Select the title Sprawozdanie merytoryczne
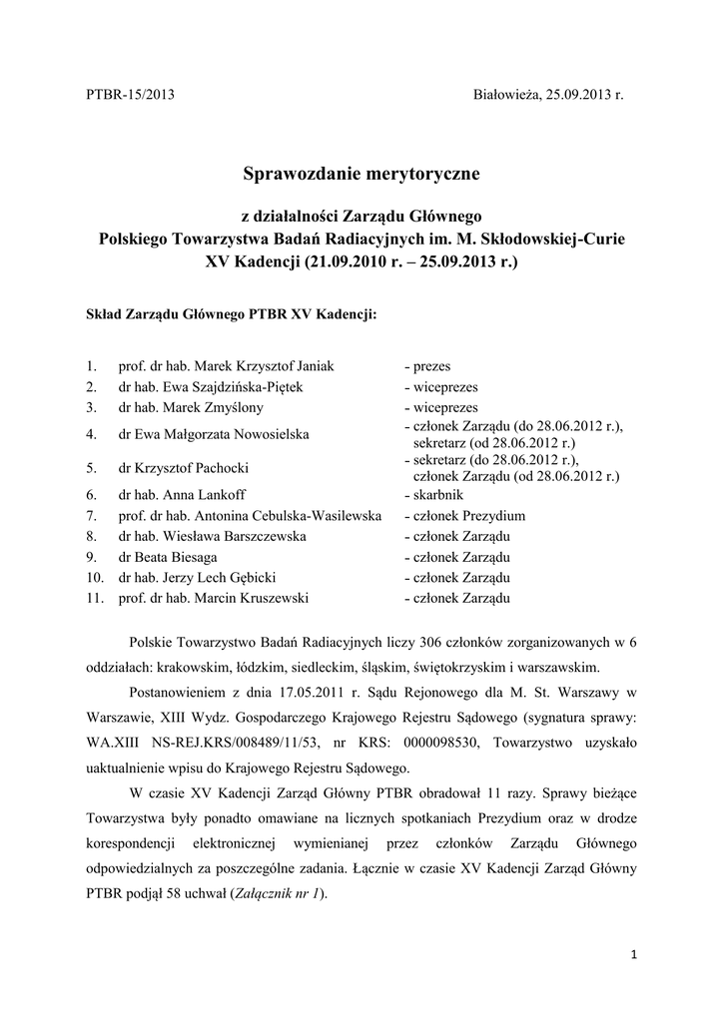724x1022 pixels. coord(362,174)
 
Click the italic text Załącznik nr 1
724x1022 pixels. coord(276,894)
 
